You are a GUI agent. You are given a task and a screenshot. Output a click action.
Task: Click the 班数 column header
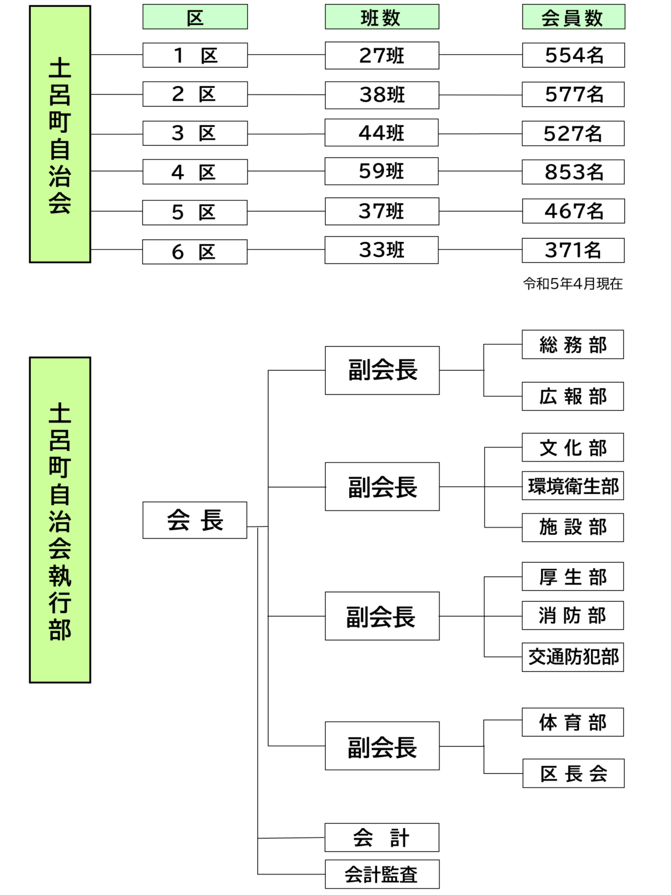coord(382,17)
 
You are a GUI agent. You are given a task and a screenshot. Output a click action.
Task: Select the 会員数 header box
coord(574,17)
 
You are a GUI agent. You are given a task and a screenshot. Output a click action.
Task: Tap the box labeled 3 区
coord(195,133)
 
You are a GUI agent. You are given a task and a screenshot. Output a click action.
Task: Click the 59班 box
coord(381,171)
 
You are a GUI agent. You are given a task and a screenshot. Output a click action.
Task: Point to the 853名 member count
coord(573,172)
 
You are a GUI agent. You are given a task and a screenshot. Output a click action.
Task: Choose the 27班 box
coord(382,55)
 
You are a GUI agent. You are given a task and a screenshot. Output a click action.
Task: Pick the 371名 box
coord(573,251)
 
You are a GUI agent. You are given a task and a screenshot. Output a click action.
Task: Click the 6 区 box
coord(195,252)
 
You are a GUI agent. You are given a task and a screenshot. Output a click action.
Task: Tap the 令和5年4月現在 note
coord(572,283)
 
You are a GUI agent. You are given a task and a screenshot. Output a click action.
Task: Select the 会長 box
coord(195,520)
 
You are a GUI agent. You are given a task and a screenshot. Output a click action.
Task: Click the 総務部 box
coord(572,344)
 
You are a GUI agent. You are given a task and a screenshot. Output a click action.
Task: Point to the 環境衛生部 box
coord(572,486)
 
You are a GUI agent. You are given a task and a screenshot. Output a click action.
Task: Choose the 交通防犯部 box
coord(572,657)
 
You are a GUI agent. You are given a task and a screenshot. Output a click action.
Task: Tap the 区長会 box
coord(574,773)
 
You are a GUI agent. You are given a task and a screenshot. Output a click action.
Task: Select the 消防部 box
coord(572,615)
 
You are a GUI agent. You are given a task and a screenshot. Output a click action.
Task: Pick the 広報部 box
coord(572,396)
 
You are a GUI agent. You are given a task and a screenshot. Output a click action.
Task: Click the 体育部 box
coord(572,722)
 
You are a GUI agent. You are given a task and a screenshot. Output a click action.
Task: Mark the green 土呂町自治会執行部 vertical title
coord(60,520)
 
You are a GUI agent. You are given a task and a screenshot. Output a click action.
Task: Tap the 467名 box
coord(574,211)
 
